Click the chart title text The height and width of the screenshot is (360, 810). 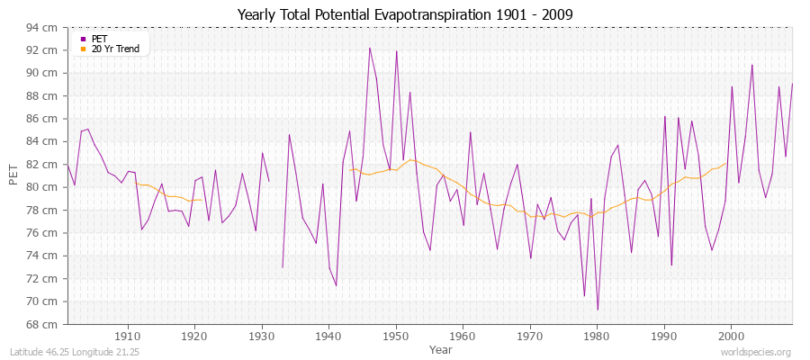coord(404,14)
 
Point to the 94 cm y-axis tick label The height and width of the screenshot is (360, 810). coord(42,27)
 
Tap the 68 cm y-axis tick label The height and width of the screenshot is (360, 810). coord(42,324)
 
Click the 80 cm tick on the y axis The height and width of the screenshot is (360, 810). coord(42,187)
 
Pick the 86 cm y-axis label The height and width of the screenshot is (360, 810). coord(42,119)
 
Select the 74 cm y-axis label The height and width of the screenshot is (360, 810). coord(42,256)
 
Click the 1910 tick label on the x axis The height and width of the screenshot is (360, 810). coord(127,336)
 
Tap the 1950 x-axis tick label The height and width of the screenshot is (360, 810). coord(396,336)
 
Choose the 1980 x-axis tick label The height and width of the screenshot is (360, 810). coord(597,336)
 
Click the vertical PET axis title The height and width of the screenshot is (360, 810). coord(13,175)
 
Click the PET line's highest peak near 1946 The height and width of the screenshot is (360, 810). coord(369,48)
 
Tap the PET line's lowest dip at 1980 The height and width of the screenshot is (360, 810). coord(598,310)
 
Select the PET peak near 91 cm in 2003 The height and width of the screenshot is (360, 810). coord(751,65)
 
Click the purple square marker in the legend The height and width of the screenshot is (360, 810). coord(84,39)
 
